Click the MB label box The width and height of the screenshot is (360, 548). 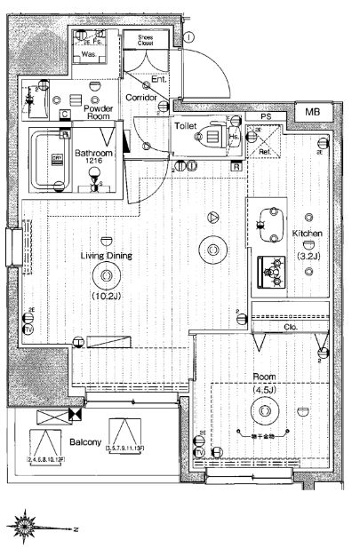(311, 111)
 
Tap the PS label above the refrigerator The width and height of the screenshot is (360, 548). (265, 117)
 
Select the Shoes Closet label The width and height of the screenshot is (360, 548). (145, 39)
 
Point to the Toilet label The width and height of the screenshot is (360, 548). (185, 127)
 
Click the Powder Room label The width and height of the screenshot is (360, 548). (96, 112)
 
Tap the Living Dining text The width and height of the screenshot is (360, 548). (107, 255)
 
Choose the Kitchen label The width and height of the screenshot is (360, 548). (307, 234)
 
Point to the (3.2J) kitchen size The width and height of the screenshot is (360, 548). (307, 258)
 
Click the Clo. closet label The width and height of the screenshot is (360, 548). (290, 326)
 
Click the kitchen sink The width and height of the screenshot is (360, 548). (267, 218)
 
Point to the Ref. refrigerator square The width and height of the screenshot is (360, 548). (266, 142)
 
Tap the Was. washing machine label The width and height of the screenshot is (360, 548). (88, 54)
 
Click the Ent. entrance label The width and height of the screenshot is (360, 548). (160, 79)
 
